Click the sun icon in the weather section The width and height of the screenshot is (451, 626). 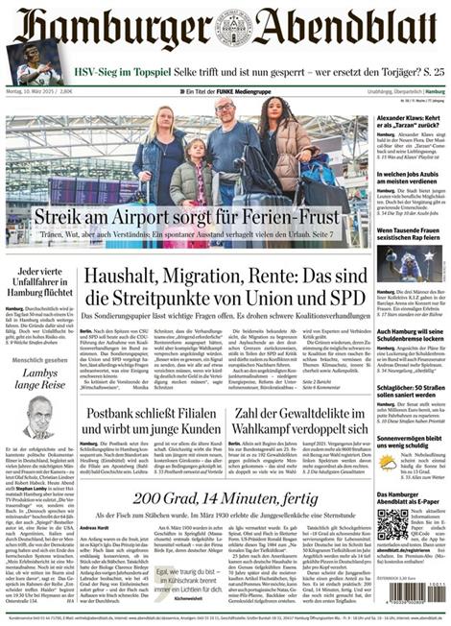pos(388,462)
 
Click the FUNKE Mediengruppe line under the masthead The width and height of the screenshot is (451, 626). pos(225,91)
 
